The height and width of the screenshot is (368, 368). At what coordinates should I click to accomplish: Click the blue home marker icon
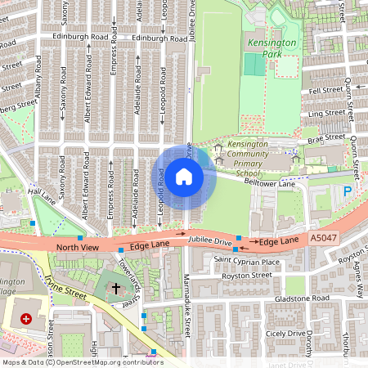tap(184, 177)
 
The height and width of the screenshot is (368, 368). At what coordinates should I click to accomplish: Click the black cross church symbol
tap(116, 289)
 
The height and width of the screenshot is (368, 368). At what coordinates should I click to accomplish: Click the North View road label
tap(77, 247)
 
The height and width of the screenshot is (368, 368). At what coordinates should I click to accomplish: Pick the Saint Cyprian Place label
tap(246, 261)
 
